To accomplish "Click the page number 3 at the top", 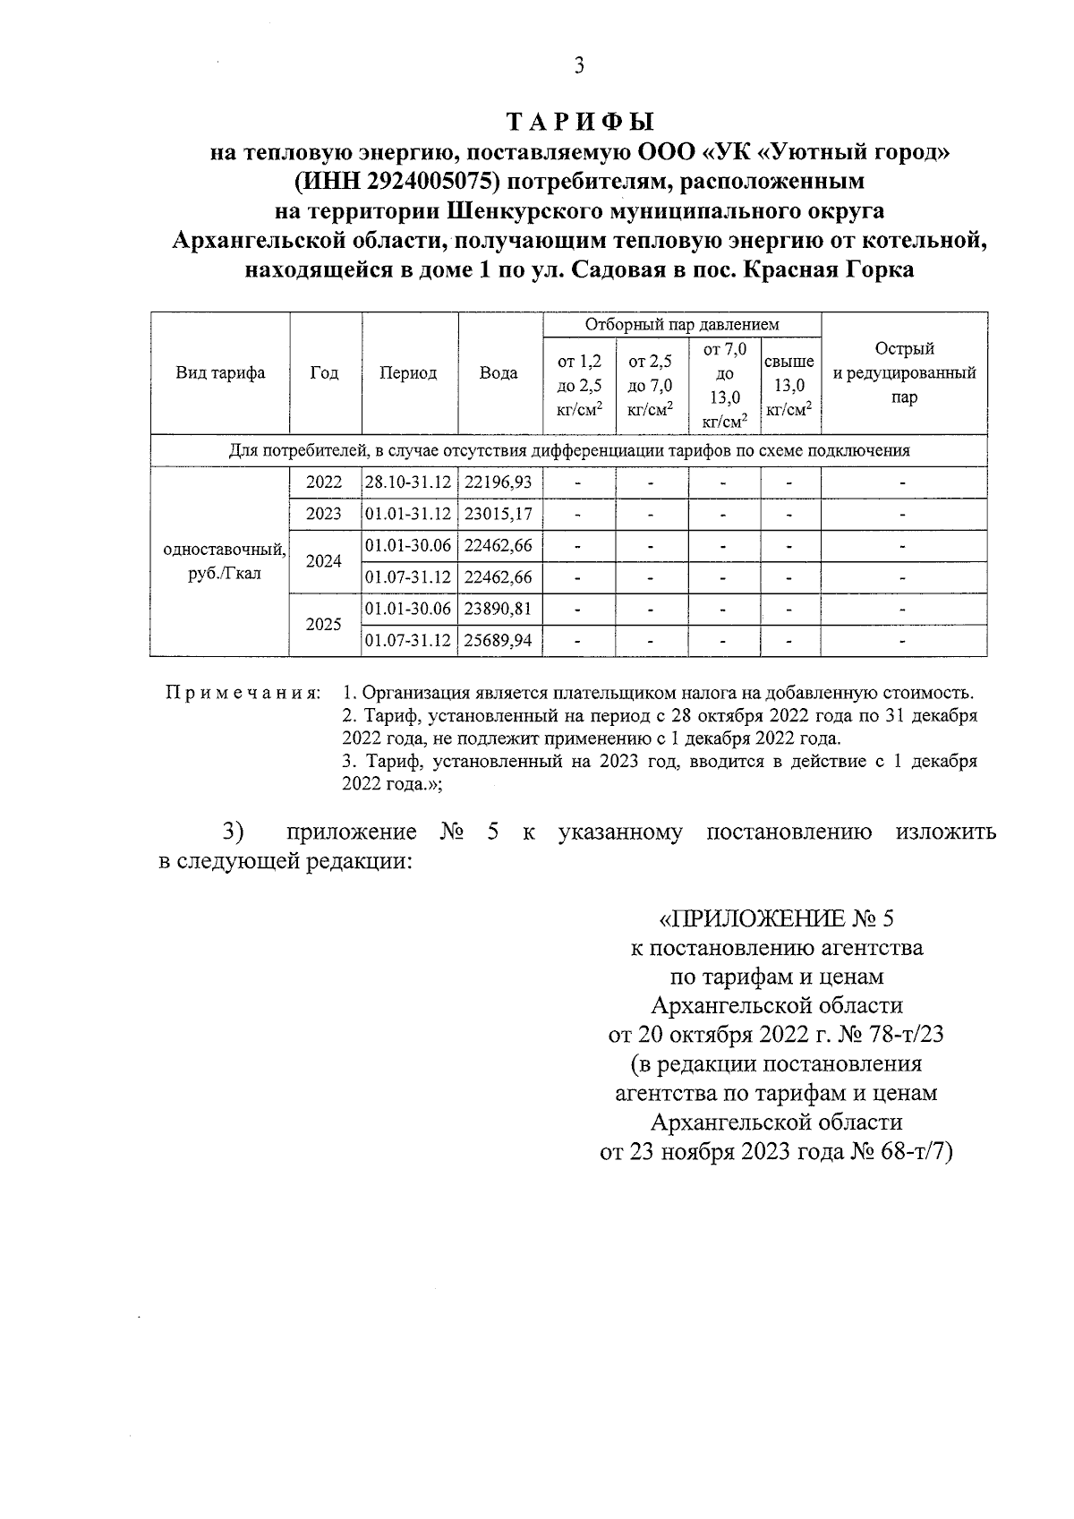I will [x=579, y=65].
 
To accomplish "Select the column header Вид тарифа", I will [x=220, y=373].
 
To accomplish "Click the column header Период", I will [x=408, y=373].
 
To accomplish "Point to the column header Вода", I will [x=499, y=373].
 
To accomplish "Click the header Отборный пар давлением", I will [x=682, y=324].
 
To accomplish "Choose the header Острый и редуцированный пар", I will [x=904, y=373].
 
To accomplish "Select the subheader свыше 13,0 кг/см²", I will [x=789, y=385].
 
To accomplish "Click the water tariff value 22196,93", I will [x=499, y=482].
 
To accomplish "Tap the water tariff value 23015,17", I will [x=499, y=515].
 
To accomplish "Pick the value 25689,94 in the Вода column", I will [x=499, y=641].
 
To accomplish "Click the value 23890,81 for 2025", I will [x=499, y=610].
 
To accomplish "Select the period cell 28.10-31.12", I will [x=408, y=482].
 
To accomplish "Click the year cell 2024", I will [x=324, y=562].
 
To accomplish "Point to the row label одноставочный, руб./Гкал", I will [x=220, y=562].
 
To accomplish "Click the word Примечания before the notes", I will [x=243, y=694].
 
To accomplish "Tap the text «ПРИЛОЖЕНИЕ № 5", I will [x=776, y=918].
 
